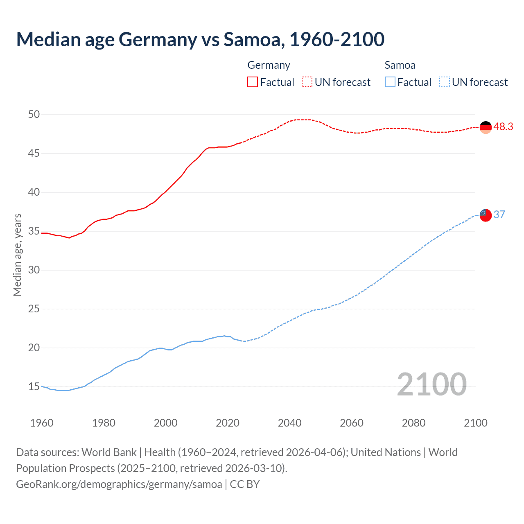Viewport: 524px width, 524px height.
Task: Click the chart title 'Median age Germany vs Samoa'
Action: point(200,39)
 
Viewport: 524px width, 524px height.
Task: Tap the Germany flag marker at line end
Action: point(485,127)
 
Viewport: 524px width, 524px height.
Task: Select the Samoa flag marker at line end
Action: point(485,215)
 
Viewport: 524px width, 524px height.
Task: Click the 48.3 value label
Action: point(503,127)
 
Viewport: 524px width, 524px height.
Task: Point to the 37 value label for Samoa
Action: point(499,215)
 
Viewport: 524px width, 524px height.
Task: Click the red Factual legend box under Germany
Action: point(253,82)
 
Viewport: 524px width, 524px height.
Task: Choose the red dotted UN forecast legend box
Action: point(307,82)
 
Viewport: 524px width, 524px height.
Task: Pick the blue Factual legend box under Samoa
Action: point(390,82)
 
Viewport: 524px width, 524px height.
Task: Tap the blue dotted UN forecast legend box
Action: point(444,82)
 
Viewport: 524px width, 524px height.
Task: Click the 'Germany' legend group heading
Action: point(269,65)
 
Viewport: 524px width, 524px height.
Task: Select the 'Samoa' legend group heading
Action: point(400,65)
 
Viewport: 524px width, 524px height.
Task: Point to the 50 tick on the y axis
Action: point(34,115)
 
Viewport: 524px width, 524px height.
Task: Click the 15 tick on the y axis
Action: point(34,386)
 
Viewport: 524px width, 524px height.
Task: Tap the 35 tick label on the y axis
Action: point(34,231)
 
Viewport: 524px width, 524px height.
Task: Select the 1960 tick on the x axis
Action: point(42,423)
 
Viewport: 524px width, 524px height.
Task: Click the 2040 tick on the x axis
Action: point(289,423)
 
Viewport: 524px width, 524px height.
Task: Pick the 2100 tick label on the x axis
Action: point(475,423)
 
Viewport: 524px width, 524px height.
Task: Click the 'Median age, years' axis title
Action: point(17,255)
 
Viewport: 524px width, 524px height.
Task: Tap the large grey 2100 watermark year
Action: point(431,384)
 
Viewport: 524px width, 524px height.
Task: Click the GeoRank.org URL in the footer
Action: point(119,484)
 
